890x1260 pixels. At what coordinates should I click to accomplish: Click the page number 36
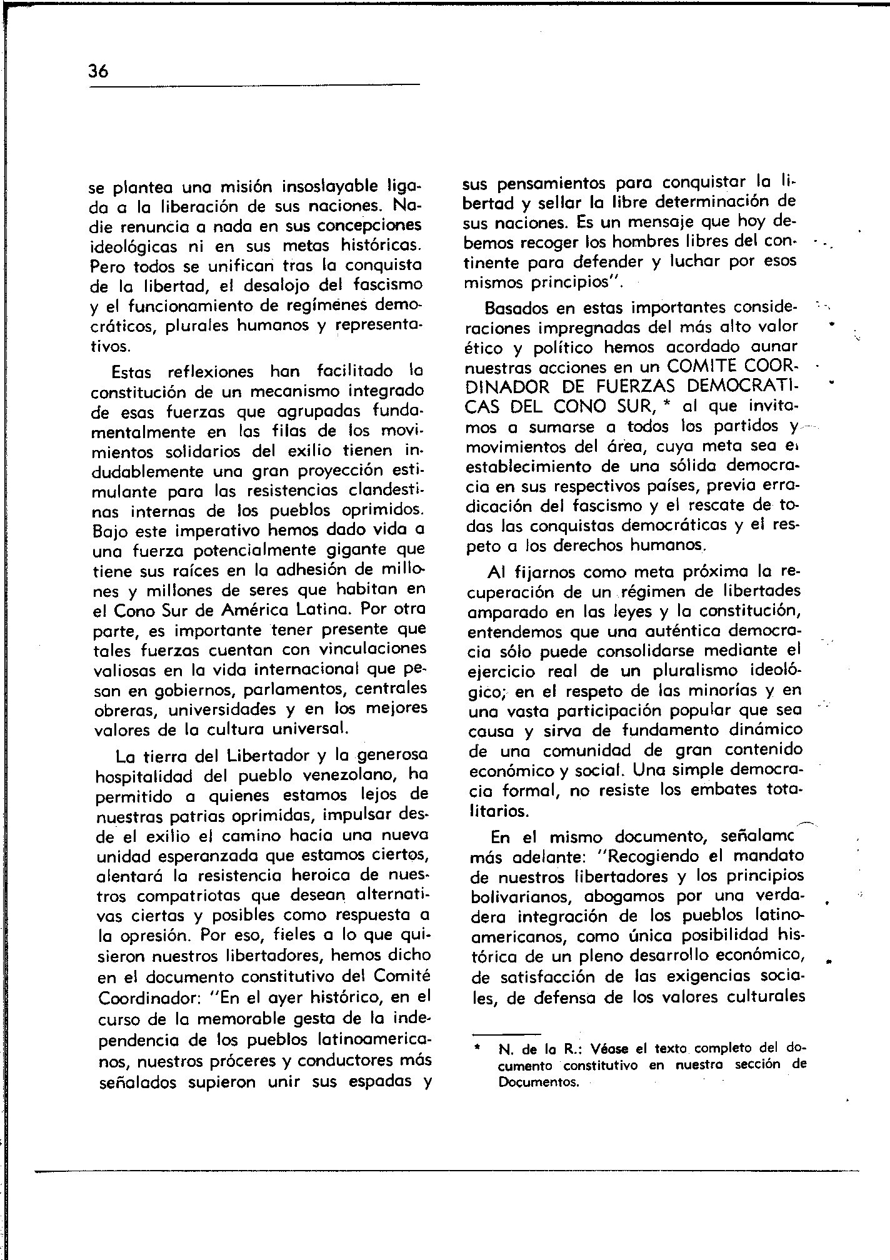[99, 71]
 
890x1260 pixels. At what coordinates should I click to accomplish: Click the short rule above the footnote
[506, 1033]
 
